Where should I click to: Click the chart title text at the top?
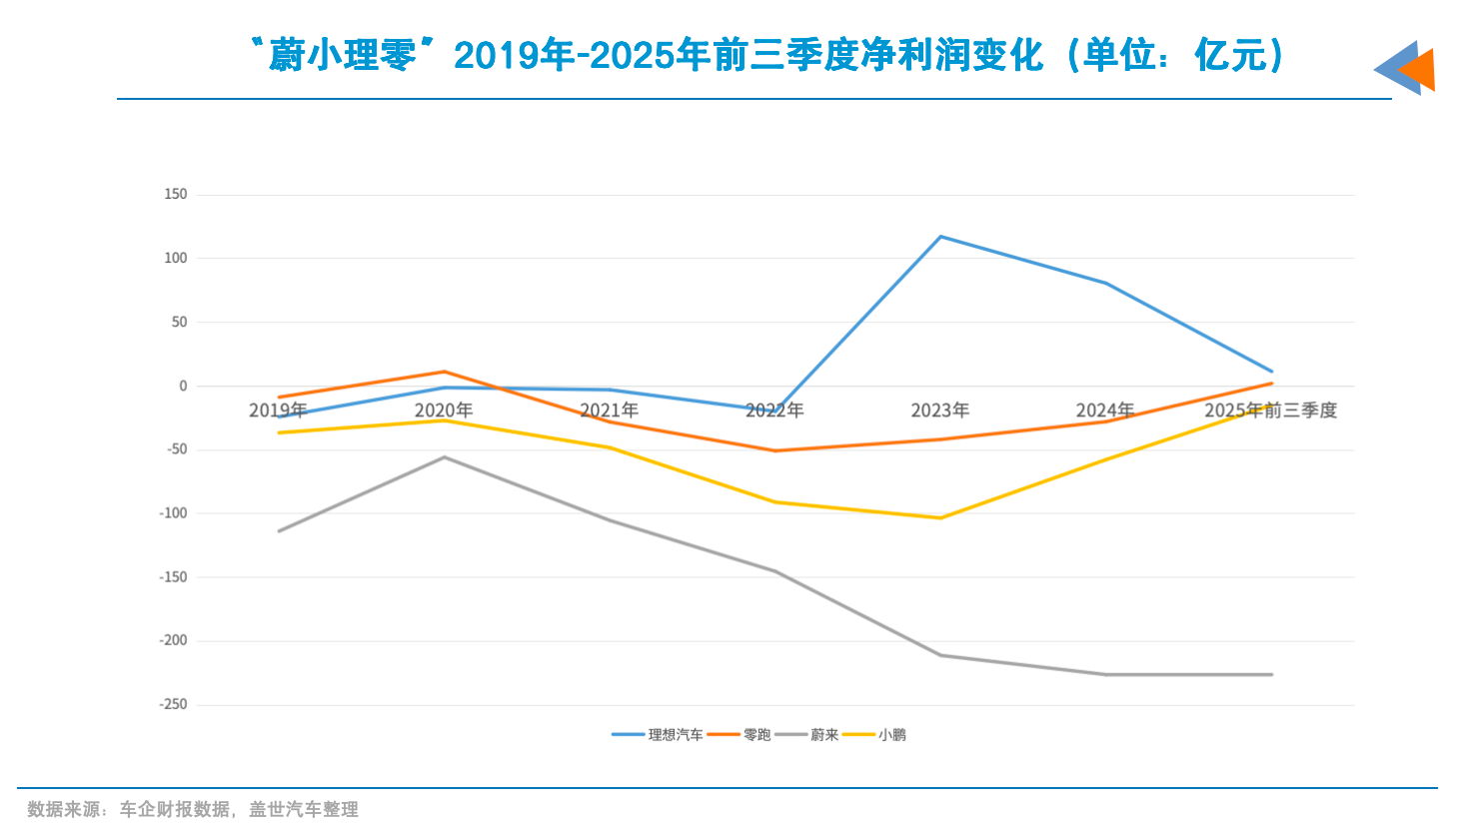click(767, 55)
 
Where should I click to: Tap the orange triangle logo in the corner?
click(1417, 70)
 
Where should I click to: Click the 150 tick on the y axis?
click(176, 194)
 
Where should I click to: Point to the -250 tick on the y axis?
click(173, 704)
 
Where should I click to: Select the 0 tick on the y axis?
click(183, 386)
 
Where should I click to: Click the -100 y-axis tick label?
click(173, 512)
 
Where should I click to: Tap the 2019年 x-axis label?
click(278, 411)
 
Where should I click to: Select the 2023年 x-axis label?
click(939, 411)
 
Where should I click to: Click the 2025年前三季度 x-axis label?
click(1270, 411)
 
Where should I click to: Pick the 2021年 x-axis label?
click(609, 411)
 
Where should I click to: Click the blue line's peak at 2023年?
click(940, 237)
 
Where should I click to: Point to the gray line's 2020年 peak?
click(445, 457)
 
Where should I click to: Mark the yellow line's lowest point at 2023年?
click(940, 517)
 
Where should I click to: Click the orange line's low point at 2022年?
click(774, 450)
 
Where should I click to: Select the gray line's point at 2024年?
click(1105, 674)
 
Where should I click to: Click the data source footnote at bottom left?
click(192, 809)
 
